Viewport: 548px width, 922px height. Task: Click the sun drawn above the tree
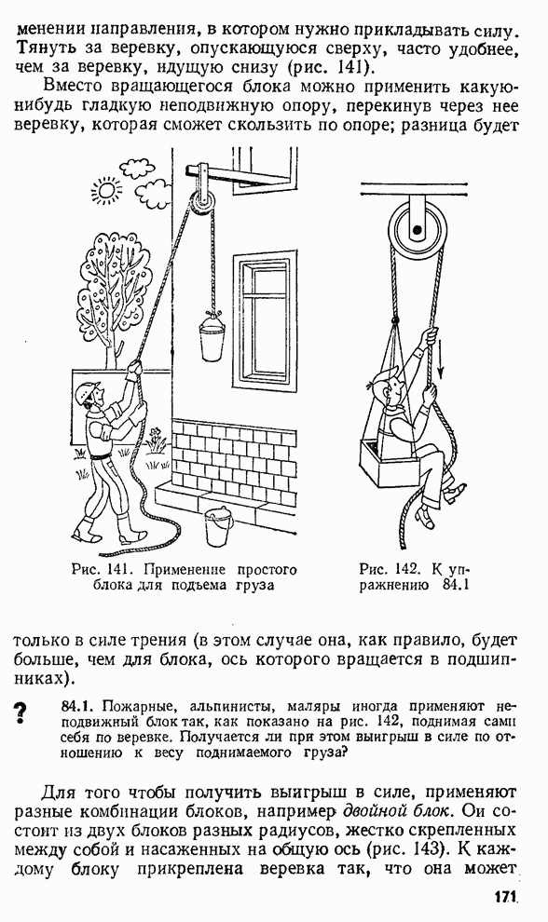[107, 189]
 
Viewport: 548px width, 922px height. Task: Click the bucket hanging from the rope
[212, 337]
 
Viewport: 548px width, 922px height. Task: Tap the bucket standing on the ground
[219, 526]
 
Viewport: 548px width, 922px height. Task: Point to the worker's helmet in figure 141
[89, 390]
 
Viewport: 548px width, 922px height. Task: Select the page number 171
[504, 897]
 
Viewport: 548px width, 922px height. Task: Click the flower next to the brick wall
[156, 440]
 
